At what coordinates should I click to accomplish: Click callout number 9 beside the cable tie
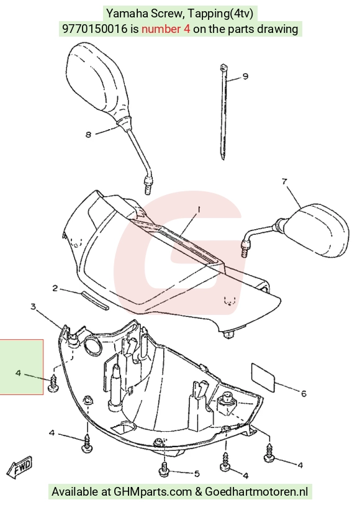coord(245,76)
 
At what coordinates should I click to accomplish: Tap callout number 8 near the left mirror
coord(89,134)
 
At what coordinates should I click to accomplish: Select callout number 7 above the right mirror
coord(284,181)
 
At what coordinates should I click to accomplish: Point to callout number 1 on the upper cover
coord(199,210)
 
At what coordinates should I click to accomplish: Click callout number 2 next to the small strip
coord(55,288)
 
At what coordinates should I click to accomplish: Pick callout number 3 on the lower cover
coord(33,306)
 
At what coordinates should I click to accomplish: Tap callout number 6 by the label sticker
coord(304,393)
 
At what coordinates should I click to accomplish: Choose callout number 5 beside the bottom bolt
coord(197,473)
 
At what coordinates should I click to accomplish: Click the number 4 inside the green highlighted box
coord(18,373)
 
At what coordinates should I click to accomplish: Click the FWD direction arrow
coord(20,467)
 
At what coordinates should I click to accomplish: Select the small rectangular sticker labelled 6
coord(263,378)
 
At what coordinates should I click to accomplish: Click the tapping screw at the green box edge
coord(53,383)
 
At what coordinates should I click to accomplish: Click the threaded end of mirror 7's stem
coord(245,248)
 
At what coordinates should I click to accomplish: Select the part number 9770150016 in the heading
coord(95,29)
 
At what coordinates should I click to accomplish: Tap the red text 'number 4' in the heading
coord(166,29)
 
